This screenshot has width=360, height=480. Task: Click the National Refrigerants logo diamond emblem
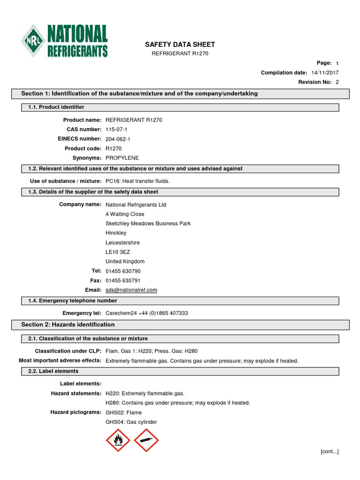[x=33, y=42]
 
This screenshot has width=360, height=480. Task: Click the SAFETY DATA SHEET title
[x=180, y=45]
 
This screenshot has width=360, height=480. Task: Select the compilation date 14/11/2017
[x=325, y=73]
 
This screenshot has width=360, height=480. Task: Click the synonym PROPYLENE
[x=122, y=158]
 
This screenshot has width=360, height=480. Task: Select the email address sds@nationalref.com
[x=131, y=290]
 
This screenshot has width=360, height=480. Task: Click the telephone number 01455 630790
[x=123, y=271]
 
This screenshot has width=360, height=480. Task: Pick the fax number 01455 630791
[x=123, y=281]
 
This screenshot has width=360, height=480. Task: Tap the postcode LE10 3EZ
[x=118, y=252]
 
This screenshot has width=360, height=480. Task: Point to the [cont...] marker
[x=329, y=451]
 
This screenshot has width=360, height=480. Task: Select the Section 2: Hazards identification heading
[x=68, y=324]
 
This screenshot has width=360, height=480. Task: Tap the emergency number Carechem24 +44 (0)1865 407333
[x=147, y=313]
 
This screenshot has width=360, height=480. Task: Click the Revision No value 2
[x=337, y=82]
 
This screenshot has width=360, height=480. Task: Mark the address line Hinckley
[x=116, y=233]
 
